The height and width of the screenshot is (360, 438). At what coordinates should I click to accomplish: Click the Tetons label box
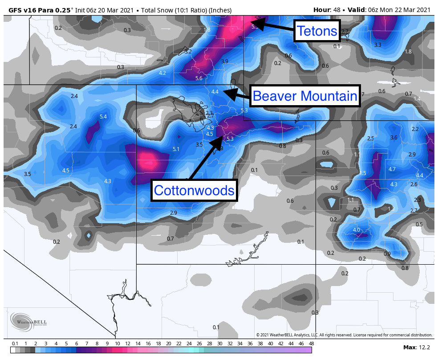(317, 31)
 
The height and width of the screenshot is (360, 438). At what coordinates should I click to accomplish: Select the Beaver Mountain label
(305, 96)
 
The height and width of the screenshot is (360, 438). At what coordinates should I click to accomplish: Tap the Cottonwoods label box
(194, 190)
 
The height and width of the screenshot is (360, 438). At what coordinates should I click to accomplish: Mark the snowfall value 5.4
(103, 117)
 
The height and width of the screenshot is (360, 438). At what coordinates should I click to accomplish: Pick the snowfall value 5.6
(199, 78)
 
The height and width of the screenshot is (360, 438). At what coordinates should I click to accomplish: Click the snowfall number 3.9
(224, 61)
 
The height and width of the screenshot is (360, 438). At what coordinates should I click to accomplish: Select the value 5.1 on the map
(176, 149)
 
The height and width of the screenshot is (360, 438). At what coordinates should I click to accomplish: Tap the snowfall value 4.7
(392, 169)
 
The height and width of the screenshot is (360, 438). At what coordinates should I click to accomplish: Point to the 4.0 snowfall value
(356, 230)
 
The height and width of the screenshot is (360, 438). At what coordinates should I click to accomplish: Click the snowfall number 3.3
(377, 45)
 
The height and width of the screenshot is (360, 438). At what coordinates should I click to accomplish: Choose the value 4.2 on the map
(162, 73)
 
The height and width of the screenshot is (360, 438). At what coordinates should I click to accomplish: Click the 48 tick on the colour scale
(311, 343)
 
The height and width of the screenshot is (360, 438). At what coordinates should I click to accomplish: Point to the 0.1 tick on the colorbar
(15, 343)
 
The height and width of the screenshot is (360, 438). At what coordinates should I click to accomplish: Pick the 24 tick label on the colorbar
(189, 343)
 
